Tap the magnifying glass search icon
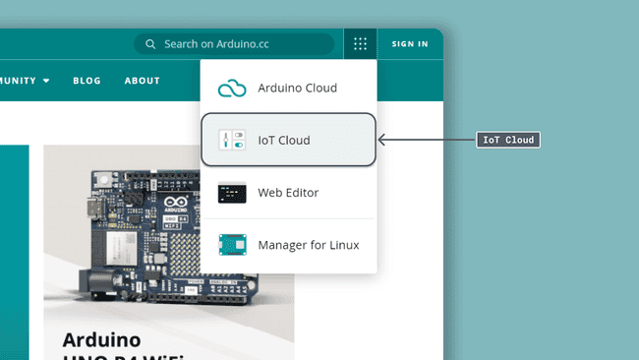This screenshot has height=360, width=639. (150, 44)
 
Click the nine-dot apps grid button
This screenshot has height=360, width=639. (361, 44)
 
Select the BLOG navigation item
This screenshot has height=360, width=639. (87, 81)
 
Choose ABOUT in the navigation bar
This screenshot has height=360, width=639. (143, 81)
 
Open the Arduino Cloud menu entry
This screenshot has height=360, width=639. (297, 88)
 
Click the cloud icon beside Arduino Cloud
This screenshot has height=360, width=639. (232, 89)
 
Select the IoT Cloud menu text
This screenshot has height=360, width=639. (284, 141)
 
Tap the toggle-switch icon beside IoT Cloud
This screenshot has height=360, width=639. (232, 140)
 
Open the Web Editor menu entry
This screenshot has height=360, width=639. (288, 193)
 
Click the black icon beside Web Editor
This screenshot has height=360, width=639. (232, 193)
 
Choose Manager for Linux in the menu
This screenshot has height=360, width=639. (308, 245)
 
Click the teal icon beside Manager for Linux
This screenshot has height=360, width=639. (232, 245)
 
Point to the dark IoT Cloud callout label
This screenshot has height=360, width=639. (508, 141)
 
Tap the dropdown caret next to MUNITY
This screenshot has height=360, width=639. (46, 81)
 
